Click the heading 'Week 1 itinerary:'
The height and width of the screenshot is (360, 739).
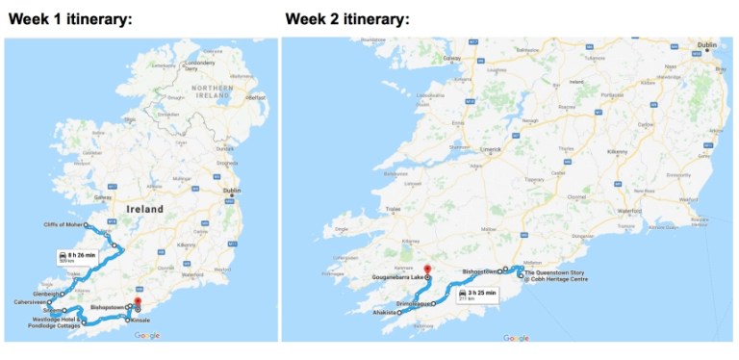click(71, 19)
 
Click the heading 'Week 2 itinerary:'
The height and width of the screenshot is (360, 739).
click(347, 19)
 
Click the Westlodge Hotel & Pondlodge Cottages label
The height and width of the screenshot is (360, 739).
click(55, 321)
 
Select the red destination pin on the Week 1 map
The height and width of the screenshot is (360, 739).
click(138, 302)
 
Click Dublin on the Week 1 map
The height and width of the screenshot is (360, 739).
click(231, 191)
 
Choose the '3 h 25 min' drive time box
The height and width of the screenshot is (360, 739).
click(477, 294)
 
